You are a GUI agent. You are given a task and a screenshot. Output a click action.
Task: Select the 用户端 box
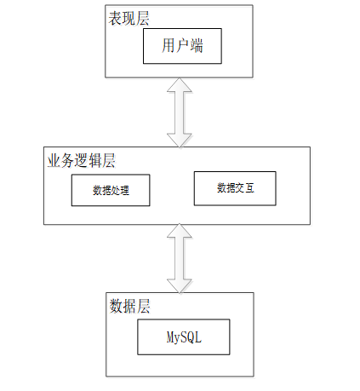coord(182,46)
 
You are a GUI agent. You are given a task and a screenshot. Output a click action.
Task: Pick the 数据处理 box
coord(110,190)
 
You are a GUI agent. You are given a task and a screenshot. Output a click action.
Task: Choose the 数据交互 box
coord(235,187)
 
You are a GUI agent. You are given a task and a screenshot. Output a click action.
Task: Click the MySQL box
coord(184,338)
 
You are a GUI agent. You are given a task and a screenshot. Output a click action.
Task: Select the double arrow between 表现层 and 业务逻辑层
coord(181,111)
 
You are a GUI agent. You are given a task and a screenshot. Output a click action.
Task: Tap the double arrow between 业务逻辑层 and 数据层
coord(181,257)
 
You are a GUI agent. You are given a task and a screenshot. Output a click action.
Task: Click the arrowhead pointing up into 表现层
coord(181,85)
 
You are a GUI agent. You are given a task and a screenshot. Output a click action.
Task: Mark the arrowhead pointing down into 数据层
coord(181,285)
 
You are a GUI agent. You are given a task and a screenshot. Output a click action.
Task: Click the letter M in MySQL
coord(169,338)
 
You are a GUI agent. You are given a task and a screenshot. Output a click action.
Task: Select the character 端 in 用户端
coord(197,46)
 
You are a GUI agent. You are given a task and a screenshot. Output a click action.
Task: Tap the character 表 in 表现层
coord(115,18)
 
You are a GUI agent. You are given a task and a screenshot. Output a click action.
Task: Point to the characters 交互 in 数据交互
coord(243,187)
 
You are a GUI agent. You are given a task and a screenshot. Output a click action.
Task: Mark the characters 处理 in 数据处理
coord(118,190)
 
